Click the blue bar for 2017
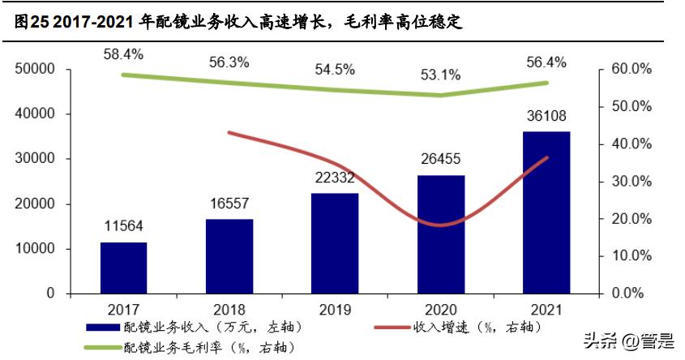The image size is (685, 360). (x=123, y=268)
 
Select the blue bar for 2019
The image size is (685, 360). (x=334, y=243)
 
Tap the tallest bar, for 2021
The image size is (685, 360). (x=546, y=212)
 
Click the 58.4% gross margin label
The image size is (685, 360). (x=123, y=54)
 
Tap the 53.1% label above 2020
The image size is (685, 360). (x=440, y=75)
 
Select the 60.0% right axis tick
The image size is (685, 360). (x=630, y=70)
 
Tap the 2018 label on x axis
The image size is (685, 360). (x=229, y=309)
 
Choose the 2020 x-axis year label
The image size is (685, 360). (x=440, y=309)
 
